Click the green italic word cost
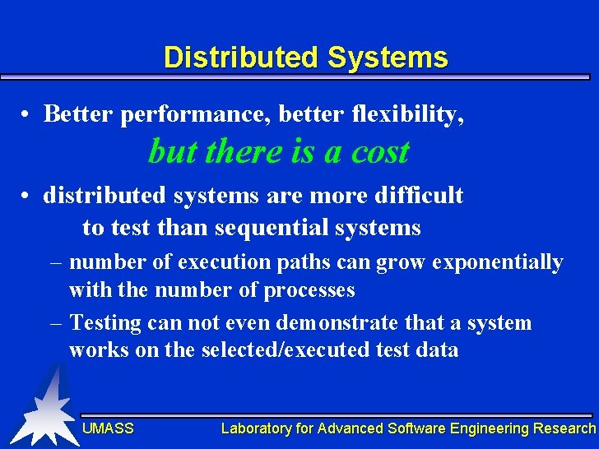(378, 152)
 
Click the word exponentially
(498, 262)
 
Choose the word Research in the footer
(564, 428)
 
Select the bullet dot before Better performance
(27, 115)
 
